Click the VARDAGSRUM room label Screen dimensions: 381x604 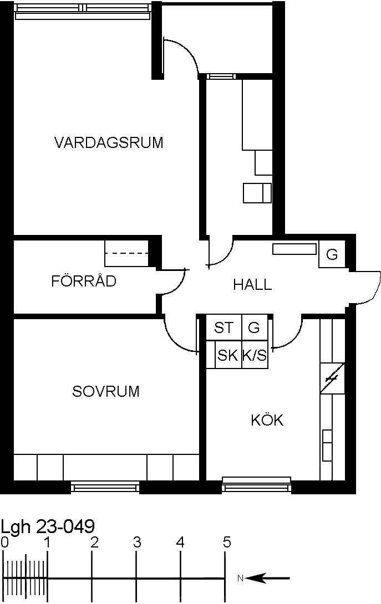[x=109, y=142]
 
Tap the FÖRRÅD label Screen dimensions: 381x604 [x=84, y=281]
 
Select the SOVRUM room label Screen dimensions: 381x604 [x=106, y=391]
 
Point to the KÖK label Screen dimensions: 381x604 [x=267, y=419]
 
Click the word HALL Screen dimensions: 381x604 [x=252, y=285]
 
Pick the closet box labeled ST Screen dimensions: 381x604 [x=224, y=327]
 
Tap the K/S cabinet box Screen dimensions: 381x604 [x=255, y=355]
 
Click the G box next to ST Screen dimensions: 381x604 [x=255, y=327]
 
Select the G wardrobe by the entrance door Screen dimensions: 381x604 [x=332, y=254]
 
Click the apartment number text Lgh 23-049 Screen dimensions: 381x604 [x=48, y=526]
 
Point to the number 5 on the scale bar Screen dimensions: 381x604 [x=227, y=542]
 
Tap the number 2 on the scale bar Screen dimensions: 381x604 [x=94, y=542]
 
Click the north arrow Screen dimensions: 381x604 [x=267, y=578]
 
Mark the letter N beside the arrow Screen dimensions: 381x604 [x=240, y=578]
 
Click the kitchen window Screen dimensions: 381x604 [x=256, y=485]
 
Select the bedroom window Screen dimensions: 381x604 [x=105, y=487]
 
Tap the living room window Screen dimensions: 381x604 [x=82, y=11]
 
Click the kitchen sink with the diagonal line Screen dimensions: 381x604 [x=332, y=378]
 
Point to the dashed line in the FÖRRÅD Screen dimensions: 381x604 [x=126, y=253]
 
